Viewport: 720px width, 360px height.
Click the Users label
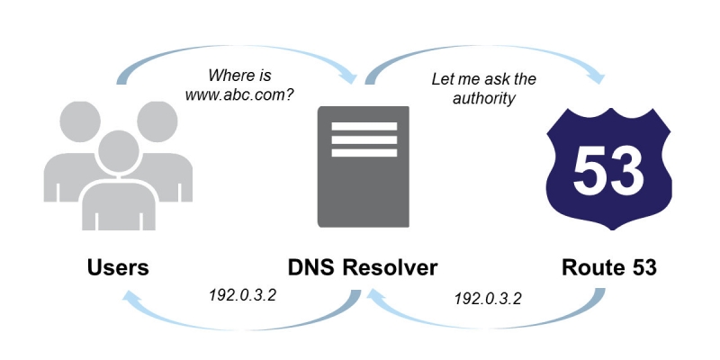[x=118, y=267]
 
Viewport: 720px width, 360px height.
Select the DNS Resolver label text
[x=363, y=267]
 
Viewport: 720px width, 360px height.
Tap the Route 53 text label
[x=609, y=267]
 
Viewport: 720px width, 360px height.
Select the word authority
[x=487, y=99]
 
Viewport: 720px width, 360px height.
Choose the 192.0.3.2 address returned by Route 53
[x=487, y=296]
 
